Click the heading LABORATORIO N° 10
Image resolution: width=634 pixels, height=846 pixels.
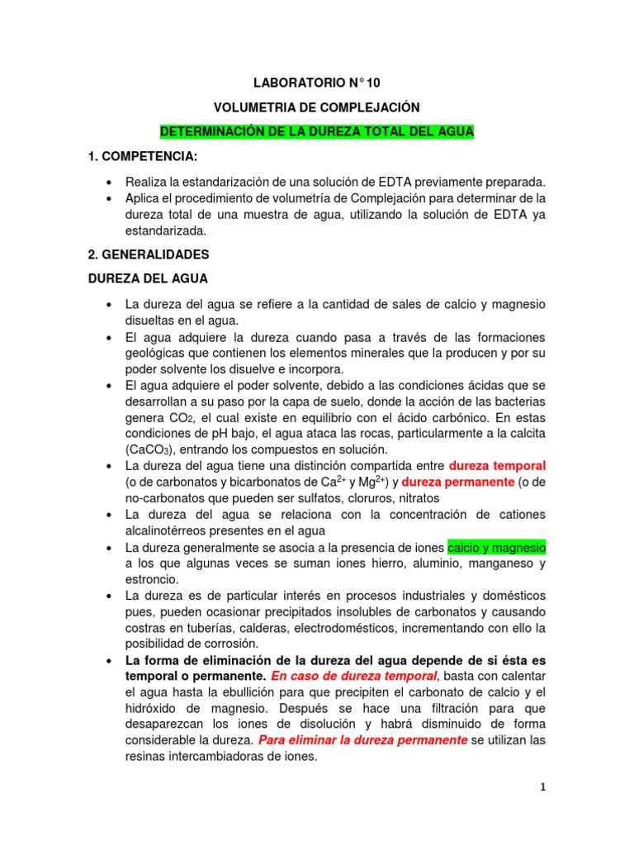[x=317, y=83]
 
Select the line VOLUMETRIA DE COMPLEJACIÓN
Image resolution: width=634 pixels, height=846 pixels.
[x=317, y=107]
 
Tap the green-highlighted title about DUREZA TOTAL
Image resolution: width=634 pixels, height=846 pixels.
[x=317, y=132]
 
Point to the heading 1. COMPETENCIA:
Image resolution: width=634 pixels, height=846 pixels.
[x=143, y=157]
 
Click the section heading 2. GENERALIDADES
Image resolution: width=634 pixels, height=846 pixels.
[x=149, y=254]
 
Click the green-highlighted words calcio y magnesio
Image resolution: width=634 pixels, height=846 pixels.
[x=496, y=547]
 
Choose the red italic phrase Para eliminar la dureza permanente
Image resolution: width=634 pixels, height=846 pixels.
[x=363, y=739]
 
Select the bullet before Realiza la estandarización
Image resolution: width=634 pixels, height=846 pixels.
[x=109, y=182]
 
